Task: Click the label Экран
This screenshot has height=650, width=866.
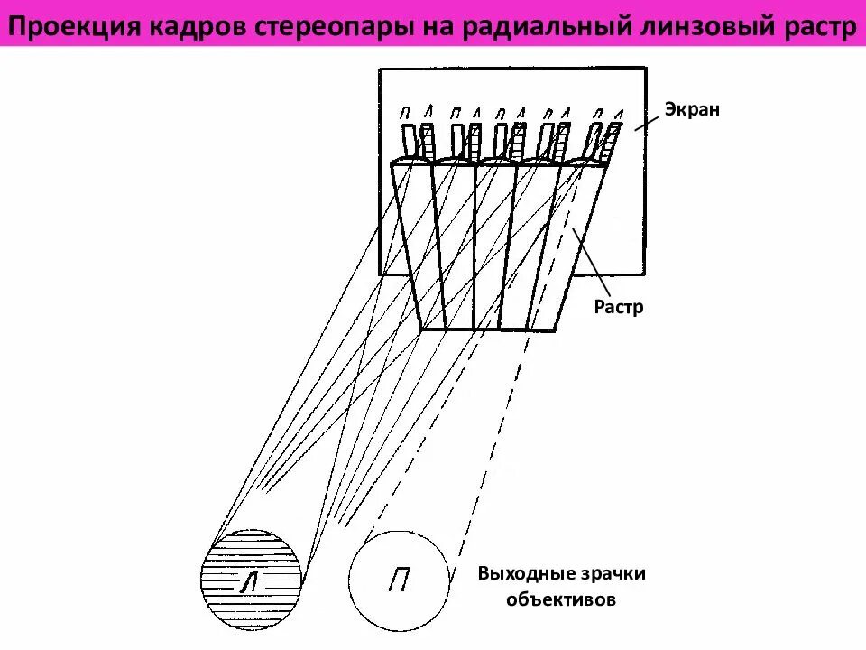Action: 693,109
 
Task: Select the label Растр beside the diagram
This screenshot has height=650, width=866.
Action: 619,307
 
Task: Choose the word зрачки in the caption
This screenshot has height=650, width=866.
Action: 614,574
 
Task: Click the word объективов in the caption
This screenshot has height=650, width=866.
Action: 562,599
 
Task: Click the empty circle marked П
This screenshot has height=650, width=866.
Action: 399,580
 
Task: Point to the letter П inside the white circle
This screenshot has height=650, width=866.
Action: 398,580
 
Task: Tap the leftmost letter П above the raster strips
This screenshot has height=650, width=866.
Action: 405,114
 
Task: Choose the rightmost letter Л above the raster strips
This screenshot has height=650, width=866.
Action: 618,113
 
